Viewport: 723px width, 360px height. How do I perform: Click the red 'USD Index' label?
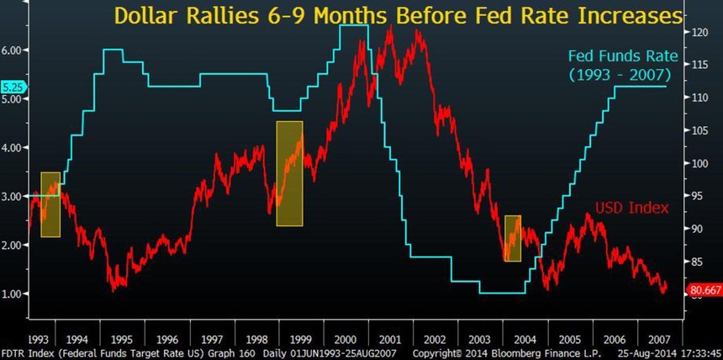click(631, 207)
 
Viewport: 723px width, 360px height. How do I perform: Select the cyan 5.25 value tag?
click(13, 87)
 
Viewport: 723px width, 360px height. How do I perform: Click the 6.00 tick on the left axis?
click(13, 50)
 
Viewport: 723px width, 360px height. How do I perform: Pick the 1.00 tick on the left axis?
click(13, 294)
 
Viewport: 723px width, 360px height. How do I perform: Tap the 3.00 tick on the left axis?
click(13, 196)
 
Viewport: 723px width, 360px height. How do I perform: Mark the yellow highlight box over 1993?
click(50, 204)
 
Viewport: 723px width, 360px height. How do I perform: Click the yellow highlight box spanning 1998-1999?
click(289, 173)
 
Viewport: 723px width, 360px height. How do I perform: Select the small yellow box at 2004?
click(513, 238)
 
